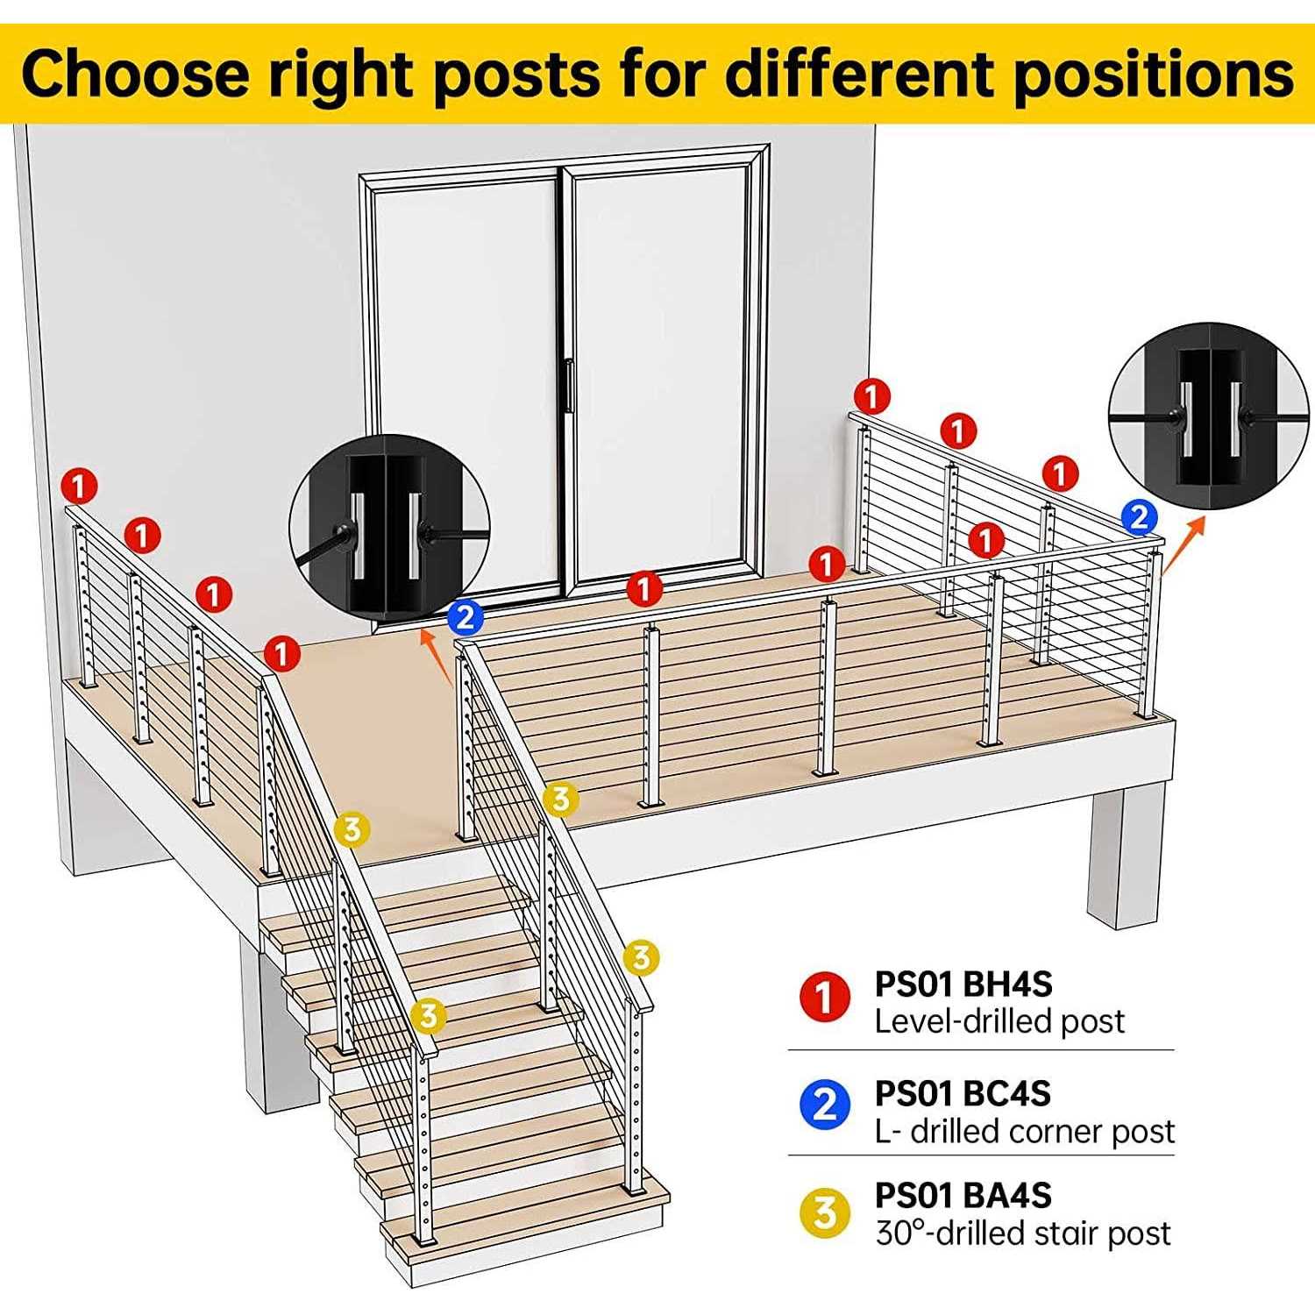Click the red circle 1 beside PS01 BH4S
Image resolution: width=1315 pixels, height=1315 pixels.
click(825, 997)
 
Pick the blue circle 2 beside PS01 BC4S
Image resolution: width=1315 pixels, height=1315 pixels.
click(825, 1105)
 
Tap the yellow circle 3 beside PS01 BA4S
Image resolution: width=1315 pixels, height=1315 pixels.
click(825, 1213)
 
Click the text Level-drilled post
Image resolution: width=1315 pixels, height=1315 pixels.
click(999, 1021)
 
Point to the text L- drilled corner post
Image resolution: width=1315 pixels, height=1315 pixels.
click(1024, 1132)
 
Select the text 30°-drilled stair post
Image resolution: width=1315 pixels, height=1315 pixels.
click(1022, 1233)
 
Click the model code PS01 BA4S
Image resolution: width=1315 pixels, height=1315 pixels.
click(963, 1196)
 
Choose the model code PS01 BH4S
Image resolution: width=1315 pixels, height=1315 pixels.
click(963, 984)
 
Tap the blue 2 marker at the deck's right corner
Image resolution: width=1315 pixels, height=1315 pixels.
click(1138, 516)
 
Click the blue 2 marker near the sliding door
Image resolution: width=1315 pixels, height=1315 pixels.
click(465, 618)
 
